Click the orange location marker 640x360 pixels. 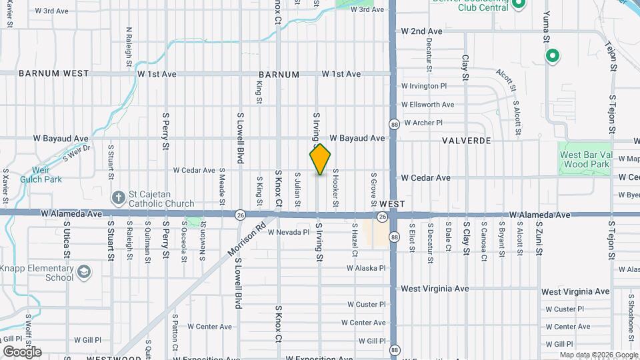[x=320, y=159]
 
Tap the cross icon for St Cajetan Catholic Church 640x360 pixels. [x=118, y=197]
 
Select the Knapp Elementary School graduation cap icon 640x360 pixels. [x=84, y=272]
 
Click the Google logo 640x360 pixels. [x=22, y=351]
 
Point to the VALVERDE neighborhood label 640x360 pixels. [x=466, y=141]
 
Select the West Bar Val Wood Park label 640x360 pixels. [x=585, y=159]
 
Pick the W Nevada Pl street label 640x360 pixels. [x=289, y=233]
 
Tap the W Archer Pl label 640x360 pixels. [x=421, y=123]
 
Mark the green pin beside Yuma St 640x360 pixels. [x=552, y=56]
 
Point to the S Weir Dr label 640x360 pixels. [x=76, y=154]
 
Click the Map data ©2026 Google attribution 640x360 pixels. [x=598, y=355]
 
